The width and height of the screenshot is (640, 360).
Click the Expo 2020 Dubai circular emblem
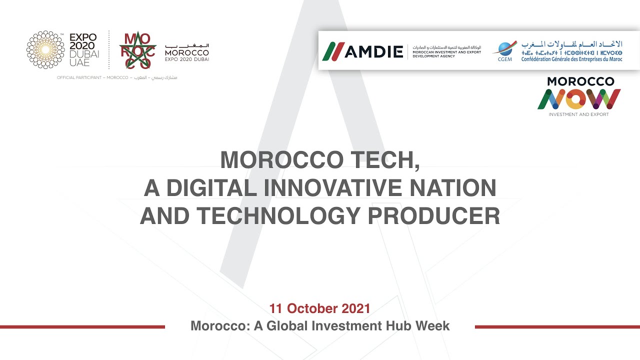pos(45,49)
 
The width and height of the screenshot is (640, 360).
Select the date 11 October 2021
pos(319,308)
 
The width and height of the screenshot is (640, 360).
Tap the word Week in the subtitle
pos(434,326)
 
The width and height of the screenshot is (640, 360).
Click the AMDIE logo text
pos(373,51)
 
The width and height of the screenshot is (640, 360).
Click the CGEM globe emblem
pos(504,49)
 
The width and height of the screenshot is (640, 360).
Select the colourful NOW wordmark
pos(579,99)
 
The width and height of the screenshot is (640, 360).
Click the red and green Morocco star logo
pos(137,50)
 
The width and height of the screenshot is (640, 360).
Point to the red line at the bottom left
pos(82,327)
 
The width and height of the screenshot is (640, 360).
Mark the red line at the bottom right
pos(557,327)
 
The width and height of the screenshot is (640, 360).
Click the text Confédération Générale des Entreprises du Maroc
pos(571,59)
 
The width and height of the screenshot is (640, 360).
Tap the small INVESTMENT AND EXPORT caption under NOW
pos(578,114)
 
